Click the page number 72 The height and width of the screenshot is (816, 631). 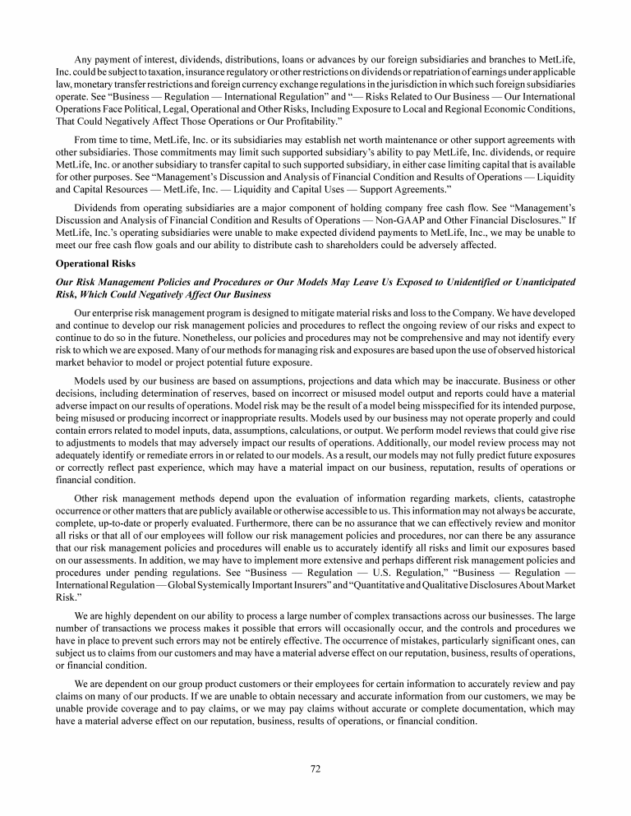pyautogui.click(x=315, y=768)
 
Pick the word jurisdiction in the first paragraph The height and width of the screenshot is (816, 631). pyautogui.click(x=399, y=84)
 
